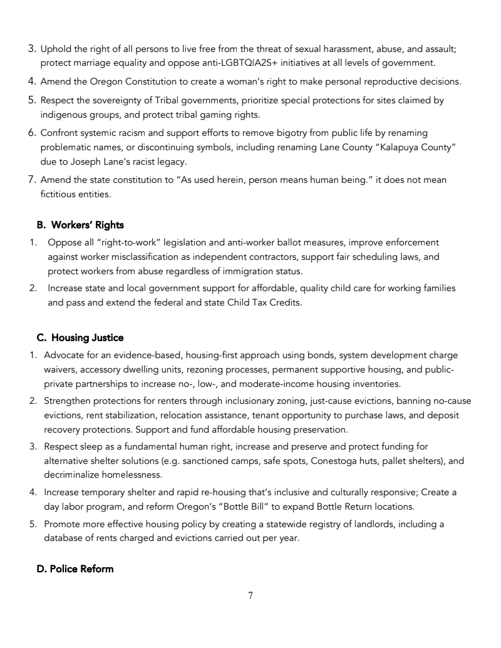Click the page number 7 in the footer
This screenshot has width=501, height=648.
pos(250,595)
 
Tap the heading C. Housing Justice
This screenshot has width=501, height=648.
pos(80,338)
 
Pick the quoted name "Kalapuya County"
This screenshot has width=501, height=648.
pos(392,147)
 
